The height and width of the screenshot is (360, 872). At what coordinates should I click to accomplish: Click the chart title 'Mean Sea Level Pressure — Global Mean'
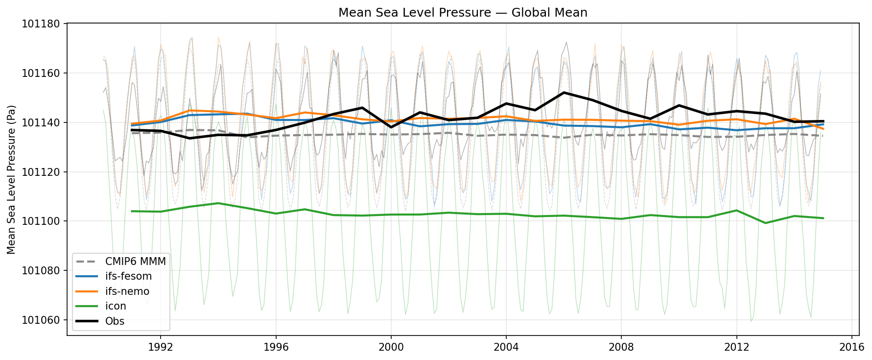[x=463, y=12]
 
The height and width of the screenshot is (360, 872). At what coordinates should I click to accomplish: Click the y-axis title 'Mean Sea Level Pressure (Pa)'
[x=12, y=179]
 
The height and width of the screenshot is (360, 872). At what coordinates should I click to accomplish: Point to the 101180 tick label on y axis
[x=41, y=24]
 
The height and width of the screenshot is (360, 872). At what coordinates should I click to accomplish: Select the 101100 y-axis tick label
[x=41, y=221]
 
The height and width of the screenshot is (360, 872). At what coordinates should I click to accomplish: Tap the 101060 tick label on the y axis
[x=41, y=320]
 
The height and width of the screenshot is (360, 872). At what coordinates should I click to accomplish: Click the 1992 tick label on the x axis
[x=161, y=347]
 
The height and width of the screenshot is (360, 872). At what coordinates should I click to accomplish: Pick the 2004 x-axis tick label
[x=506, y=347]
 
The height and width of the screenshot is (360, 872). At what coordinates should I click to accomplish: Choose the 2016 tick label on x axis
[x=851, y=347]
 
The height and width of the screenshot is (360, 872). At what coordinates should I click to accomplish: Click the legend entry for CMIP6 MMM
[x=135, y=262]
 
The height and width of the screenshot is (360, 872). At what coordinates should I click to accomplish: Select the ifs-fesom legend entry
[x=128, y=276]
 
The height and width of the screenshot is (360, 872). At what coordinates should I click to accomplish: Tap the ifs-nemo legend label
[x=127, y=291]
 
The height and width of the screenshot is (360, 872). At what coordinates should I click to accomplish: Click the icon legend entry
[x=116, y=306]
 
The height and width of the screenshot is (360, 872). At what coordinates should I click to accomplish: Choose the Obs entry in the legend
[x=115, y=321]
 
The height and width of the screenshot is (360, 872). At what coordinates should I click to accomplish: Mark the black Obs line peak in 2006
[x=564, y=93]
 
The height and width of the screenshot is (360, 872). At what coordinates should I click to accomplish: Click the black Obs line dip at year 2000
[x=391, y=127]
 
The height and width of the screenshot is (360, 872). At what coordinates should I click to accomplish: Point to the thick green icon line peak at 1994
[x=218, y=203]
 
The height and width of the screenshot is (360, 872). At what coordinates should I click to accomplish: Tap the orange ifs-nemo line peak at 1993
[x=190, y=110]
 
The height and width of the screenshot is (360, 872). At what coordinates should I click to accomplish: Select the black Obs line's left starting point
[x=132, y=130]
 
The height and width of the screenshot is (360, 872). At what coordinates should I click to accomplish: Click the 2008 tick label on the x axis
[x=621, y=347]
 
